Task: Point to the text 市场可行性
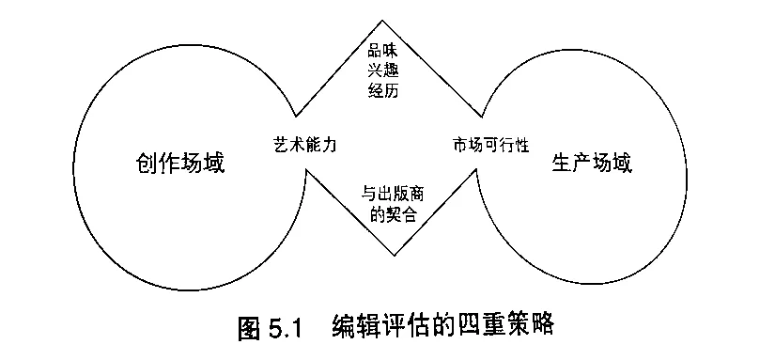pos(491,146)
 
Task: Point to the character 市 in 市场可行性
pos(459,146)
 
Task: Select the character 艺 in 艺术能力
pos(276,146)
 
